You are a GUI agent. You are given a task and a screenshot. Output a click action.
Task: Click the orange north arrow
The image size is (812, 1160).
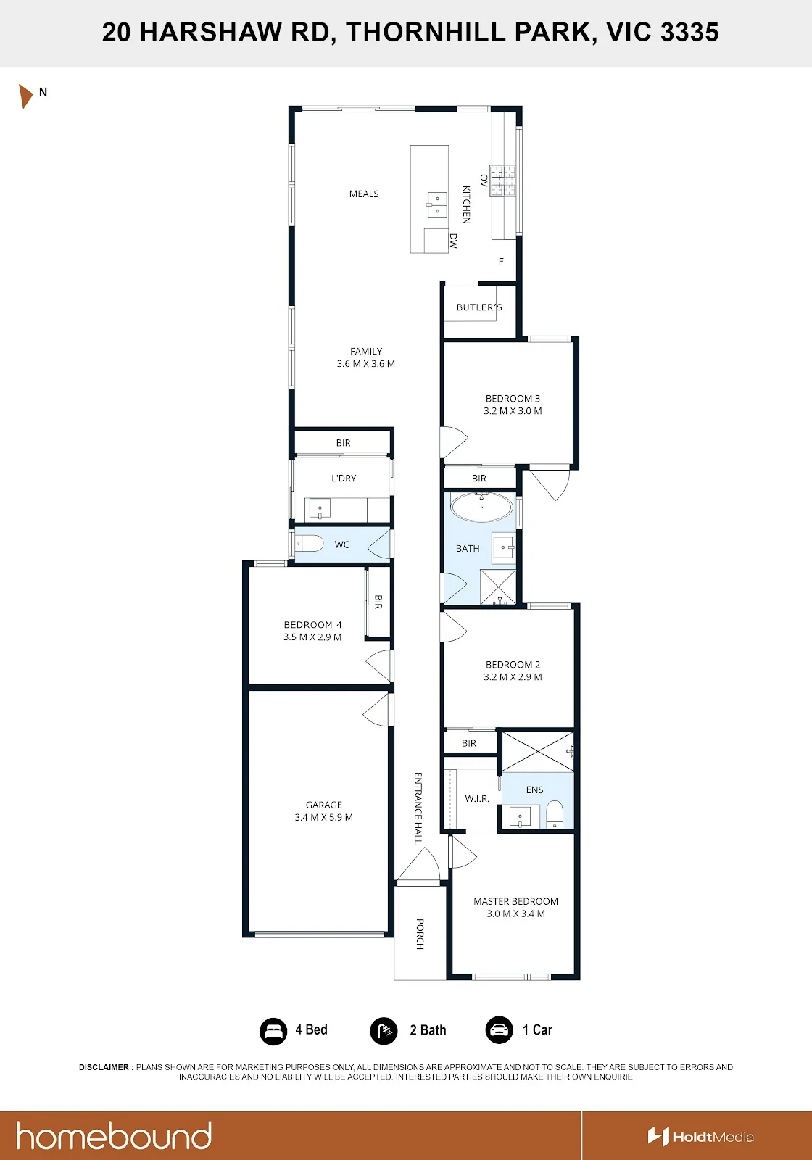coord(25,96)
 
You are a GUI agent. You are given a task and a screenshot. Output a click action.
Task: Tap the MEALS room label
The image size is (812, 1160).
coord(363,194)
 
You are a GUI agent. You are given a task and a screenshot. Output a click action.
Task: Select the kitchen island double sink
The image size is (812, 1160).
coord(436,204)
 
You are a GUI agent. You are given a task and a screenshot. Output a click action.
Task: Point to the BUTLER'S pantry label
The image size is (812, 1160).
coord(479,307)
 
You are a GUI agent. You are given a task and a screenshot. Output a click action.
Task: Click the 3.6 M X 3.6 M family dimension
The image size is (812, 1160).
coord(365,363)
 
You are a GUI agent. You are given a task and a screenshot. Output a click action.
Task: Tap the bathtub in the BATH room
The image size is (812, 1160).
coord(481,507)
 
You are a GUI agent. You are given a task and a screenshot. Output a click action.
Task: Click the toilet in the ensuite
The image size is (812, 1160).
coord(555,814)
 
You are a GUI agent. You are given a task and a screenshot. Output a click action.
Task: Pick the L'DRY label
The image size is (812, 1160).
coord(344,478)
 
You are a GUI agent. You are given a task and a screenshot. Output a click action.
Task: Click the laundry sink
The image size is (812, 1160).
coord(320,509)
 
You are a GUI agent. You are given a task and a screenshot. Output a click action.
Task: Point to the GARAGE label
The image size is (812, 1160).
coord(323,805)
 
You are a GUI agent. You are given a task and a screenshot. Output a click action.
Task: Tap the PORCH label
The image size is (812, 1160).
coord(420,934)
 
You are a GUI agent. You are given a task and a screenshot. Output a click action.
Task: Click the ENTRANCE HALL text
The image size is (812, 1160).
coord(418,808)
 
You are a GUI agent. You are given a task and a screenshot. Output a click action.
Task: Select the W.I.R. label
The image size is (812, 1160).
coord(476,798)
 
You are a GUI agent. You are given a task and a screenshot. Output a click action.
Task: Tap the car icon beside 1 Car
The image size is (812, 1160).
coord(499,1030)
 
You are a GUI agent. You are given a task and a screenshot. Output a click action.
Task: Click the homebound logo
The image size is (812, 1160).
coord(114,1135)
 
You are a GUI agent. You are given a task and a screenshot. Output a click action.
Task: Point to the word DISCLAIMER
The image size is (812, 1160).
coord(104,1066)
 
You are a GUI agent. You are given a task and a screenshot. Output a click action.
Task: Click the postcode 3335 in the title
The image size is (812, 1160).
coord(689,32)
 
